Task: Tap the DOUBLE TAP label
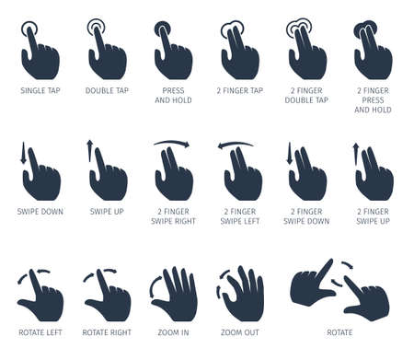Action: click(x=107, y=91)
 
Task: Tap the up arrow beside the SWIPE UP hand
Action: click(x=90, y=152)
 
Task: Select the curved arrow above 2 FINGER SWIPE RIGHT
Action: click(x=172, y=143)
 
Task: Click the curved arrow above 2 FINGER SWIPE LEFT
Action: click(x=236, y=143)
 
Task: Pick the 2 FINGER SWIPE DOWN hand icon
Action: click(x=308, y=177)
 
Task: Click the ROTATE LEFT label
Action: click(x=40, y=331)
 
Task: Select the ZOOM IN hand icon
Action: click(x=175, y=295)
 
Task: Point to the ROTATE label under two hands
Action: click(x=339, y=331)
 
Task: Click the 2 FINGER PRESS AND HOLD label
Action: click(x=373, y=100)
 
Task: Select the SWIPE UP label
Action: click(x=107, y=211)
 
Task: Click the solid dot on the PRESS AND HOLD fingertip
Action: click(x=162, y=27)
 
